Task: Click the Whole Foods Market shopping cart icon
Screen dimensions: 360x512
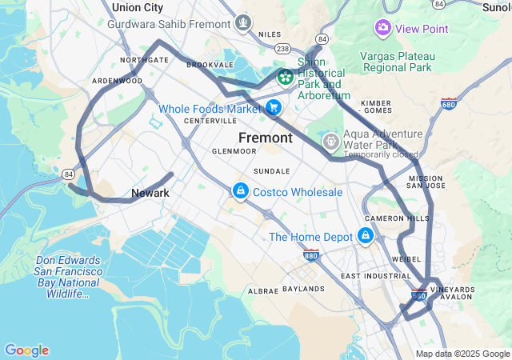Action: (x=274, y=107)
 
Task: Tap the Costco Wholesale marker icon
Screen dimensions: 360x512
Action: (x=239, y=191)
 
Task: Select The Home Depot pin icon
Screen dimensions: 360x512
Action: (x=366, y=236)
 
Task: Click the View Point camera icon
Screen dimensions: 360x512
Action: (x=382, y=28)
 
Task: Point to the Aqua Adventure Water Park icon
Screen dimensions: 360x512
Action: (x=330, y=142)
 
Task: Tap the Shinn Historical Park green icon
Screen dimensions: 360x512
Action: (x=285, y=77)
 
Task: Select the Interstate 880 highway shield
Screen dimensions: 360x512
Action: (x=312, y=255)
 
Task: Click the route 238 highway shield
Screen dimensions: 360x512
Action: (x=282, y=48)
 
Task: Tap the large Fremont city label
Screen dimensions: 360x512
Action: (x=266, y=138)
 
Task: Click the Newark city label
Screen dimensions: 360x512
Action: (x=150, y=193)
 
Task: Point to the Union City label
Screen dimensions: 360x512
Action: (x=138, y=7)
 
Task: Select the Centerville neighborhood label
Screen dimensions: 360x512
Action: (x=206, y=121)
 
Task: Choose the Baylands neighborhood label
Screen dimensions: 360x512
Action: (x=303, y=288)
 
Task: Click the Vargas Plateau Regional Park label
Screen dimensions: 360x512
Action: (x=398, y=62)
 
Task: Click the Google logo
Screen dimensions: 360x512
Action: (x=26, y=350)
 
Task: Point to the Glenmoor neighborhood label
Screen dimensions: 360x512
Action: (x=233, y=150)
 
